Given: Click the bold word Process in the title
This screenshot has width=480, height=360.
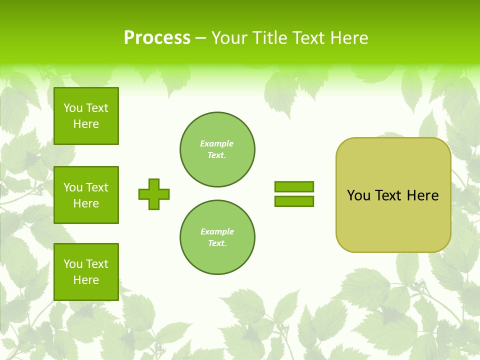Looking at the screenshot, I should click(x=157, y=38).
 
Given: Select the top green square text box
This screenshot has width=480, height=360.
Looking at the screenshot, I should click(x=86, y=116).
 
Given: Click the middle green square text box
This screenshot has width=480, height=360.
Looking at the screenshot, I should click(x=86, y=195).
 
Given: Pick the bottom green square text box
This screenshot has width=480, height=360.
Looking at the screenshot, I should click(x=86, y=272).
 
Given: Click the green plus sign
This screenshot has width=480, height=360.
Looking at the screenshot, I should click(x=154, y=194).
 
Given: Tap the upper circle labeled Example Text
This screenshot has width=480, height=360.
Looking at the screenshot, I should click(x=217, y=149).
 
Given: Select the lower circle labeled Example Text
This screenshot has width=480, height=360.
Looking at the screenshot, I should click(x=217, y=237).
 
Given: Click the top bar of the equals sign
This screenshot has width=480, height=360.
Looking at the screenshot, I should click(x=294, y=186).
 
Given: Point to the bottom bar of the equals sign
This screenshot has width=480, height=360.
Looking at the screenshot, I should click(x=294, y=201).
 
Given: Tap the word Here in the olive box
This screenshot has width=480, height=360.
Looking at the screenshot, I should click(x=422, y=195).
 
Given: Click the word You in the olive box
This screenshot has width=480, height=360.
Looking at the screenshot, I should click(x=358, y=195).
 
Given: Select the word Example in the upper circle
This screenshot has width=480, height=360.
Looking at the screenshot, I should click(x=217, y=144).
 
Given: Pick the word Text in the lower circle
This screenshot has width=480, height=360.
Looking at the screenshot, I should click(x=216, y=243).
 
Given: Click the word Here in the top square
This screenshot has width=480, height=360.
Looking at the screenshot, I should click(x=86, y=124).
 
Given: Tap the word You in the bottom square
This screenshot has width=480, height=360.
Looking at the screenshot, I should click(x=73, y=264).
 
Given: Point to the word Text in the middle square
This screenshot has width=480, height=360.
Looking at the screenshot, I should click(x=97, y=187).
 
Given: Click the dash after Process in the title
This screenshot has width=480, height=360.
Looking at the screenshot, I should click(x=201, y=38).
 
